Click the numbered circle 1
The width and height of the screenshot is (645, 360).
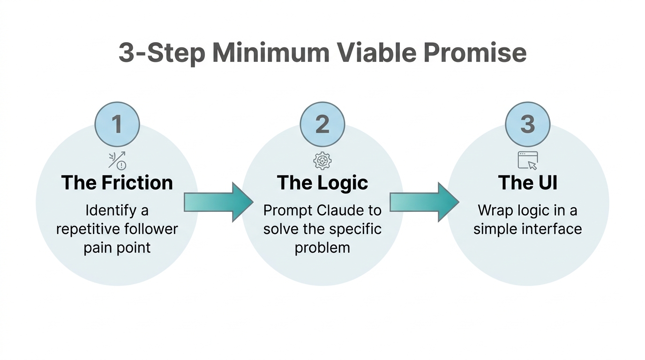coord(117,124)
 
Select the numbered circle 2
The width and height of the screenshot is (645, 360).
coord(322,124)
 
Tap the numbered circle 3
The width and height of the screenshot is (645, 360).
coord(527,124)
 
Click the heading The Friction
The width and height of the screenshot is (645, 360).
coord(117,182)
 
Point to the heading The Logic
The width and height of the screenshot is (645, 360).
coord(322,182)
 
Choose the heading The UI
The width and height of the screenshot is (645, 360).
coord(527,182)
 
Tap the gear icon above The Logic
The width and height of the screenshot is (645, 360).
coord(322,161)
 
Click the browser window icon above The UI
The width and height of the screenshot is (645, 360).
coord(527,160)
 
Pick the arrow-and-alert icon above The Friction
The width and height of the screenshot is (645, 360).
coord(117,160)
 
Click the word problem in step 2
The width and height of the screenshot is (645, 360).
coord(322,247)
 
